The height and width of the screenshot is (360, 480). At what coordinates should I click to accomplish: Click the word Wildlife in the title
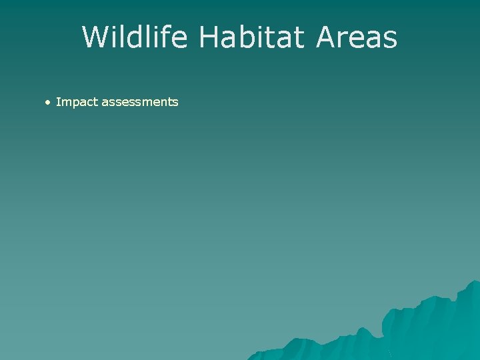(x=137, y=37)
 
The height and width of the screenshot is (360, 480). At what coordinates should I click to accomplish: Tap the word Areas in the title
(x=357, y=37)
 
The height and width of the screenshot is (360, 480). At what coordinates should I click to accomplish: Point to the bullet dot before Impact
(x=48, y=103)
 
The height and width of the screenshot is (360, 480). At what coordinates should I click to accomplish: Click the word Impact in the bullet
(x=77, y=103)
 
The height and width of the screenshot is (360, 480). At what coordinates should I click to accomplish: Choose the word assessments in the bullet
(x=140, y=103)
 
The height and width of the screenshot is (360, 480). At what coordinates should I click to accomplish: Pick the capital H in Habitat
(x=209, y=37)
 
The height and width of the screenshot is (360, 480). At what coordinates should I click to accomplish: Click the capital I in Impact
(x=58, y=102)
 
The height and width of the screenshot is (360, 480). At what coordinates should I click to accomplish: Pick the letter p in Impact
(x=75, y=104)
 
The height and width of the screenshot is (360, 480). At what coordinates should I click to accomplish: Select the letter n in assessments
(x=164, y=103)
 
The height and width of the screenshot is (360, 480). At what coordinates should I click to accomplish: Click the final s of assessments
(x=175, y=103)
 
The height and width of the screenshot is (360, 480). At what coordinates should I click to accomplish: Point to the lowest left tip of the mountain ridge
(x=249, y=358)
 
